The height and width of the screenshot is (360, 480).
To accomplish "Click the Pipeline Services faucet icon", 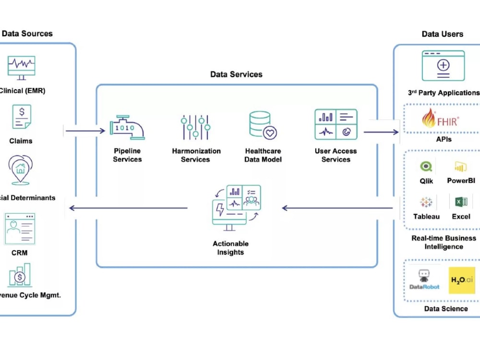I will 127,127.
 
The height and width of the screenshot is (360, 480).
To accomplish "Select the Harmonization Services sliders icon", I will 196,127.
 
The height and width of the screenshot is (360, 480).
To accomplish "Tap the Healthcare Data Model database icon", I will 263,125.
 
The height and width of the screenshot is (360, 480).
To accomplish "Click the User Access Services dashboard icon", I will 336,124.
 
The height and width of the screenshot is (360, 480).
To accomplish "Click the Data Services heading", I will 236,74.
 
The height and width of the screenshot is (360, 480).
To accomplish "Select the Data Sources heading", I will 27,34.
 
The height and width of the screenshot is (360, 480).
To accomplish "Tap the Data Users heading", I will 442,34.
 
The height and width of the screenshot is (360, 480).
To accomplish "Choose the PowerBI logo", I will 461,167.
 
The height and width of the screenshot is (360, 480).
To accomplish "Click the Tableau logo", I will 426,202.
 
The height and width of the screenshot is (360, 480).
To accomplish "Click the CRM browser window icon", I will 20,229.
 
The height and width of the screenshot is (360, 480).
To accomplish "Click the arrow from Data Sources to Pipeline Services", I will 85,131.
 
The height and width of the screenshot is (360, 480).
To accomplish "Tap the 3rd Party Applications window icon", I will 443,66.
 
